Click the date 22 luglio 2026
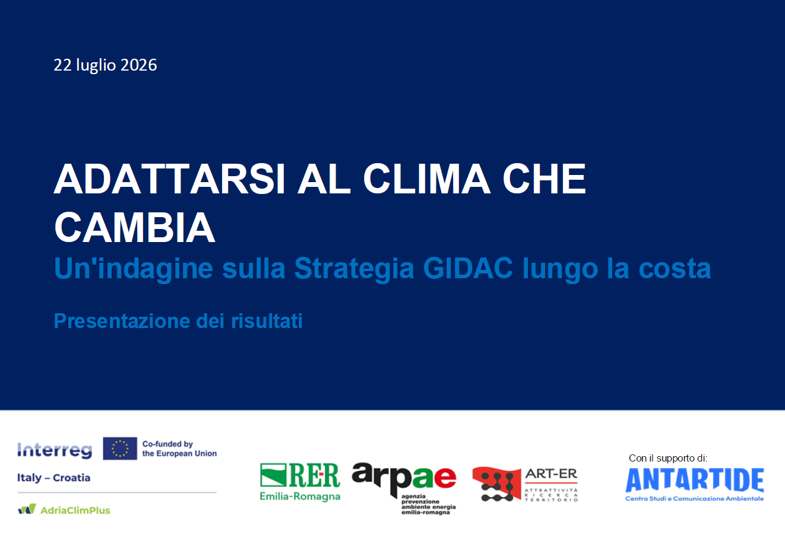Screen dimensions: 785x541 point(105,65)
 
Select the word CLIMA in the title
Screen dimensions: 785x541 point(426,179)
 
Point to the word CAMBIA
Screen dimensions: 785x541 point(135,227)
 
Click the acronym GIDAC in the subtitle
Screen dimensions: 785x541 point(468,268)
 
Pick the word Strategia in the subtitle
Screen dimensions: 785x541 point(354,269)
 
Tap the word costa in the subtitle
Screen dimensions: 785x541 point(675,269)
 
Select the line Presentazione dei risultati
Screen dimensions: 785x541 point(178,321)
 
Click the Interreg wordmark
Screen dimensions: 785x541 point(55,450)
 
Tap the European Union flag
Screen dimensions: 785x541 point(120,448)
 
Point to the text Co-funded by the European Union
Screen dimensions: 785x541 point(179,448)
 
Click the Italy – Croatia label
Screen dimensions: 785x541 point(53,478)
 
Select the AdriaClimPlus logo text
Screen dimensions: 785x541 point(75,510)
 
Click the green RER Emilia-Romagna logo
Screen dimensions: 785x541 point(300,482)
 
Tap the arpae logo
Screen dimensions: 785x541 point(404,488)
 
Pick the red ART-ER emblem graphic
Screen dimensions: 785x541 point(496,484)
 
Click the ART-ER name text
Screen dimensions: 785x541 point(551,474)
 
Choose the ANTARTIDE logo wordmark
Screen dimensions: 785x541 point(695,480)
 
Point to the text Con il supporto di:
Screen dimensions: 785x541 point(668,458)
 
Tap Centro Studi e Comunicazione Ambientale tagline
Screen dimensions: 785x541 point(695,499)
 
